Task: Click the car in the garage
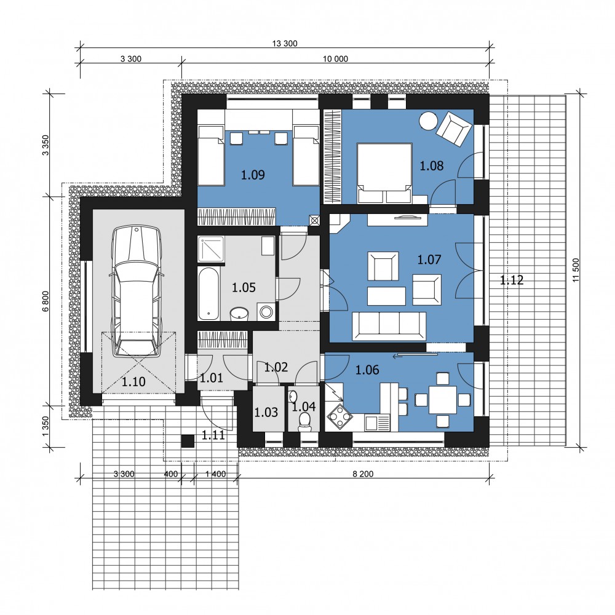tap(137, 292)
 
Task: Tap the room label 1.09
tap(253, 175)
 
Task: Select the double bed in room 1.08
tap(384, 173)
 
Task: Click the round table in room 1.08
tap(428, 121)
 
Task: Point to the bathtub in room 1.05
tap(208, 293)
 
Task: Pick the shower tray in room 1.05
tap(211, 248)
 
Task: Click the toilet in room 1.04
tap(304, 423)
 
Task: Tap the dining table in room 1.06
tap(443, 400)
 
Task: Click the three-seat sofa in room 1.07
tap(389, 326)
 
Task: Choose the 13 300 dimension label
tap(285, 44)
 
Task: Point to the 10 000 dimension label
tap(335, 59)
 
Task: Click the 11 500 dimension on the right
tap(576, 270)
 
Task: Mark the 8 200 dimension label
tap(363, 474)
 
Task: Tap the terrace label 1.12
tap(512, 280)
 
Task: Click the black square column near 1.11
tap(188, 441)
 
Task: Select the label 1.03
tap(266, 412)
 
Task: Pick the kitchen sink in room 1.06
tap(378, 423)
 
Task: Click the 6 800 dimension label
tap(46, 301)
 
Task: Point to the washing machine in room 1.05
tap(266, 312)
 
